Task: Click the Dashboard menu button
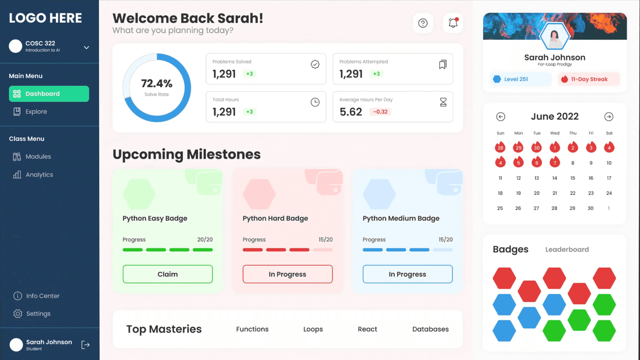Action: click(x=49, y=94)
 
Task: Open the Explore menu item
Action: click(x=36, y=112)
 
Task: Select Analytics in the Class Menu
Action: click(x=39, y=175)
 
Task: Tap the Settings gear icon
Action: click(x=18, y=314)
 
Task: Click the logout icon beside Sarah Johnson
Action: click(x=85, y=345)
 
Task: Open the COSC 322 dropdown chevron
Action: click(x=87, y=47)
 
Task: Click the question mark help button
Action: click(x=423, y=23)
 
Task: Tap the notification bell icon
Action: click(x=453, y=23)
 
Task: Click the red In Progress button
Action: click(x=287, y=274)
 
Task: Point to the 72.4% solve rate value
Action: click(x=156, y=84)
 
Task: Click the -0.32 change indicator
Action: click(x=380, y=112)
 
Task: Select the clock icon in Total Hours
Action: click(x=315, y=102)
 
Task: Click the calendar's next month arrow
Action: click(x=609, y=117)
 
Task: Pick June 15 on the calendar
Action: click(x=572, y=178)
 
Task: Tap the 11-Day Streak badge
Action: click(x=589, y=79)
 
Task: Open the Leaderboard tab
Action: click(x=567, y=250)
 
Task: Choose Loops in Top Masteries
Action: click(x=313, y=329)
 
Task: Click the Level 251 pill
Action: click(x=520, y=79)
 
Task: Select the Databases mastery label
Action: click(x=430, y=329)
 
